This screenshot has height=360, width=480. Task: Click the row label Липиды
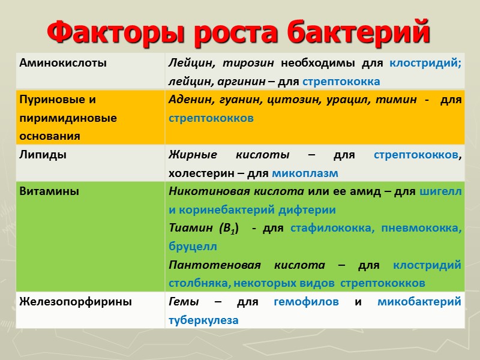click(43, 155)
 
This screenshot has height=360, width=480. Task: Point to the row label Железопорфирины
click(76, 302)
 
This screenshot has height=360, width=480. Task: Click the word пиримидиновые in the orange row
click(68, 118)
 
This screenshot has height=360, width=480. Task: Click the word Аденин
click(188, 100)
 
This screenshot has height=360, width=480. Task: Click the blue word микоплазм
click(305, 173)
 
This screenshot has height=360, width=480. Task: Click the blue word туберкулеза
click(203, 320)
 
